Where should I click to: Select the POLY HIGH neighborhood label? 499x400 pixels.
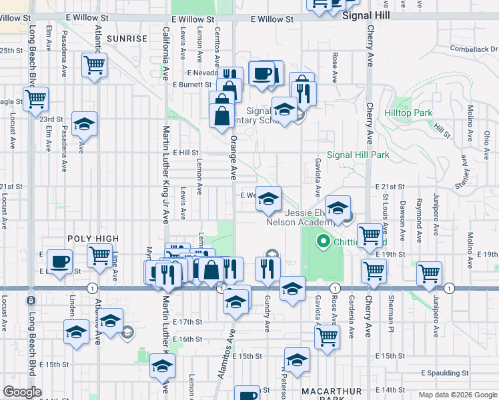(x=92, y=239)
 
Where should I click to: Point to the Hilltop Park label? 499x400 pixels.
(x=409, y=113)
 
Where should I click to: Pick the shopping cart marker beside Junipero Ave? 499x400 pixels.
(x=430, y=272)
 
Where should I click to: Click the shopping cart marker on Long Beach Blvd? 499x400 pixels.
(x=36, y=99)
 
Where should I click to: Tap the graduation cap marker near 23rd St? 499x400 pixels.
(x=85, y=123)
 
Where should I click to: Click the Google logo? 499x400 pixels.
(x=23, y=392)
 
